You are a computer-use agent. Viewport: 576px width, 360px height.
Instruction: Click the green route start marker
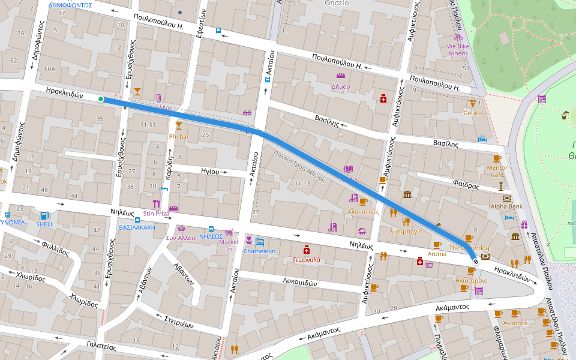pyautogui.click(x=101, y=99)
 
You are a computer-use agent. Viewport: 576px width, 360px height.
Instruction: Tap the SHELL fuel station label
pyautogui.click(x=44, y=224)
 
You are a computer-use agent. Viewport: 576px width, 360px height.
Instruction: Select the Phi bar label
pyautogui.click(x=179, y=136)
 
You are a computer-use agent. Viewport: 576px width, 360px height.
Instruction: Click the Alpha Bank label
pyautogui.click(x=507, y=206)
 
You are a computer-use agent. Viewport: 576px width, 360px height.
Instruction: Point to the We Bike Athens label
pyautogui.click(x=458, y=49)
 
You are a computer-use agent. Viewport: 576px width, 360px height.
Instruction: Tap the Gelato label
pyautogui.click(x=472, y=113)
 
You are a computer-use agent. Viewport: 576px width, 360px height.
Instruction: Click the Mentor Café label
pyautogui.click(x=497, y=171)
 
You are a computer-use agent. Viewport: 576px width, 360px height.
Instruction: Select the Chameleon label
pyautogui.click(x=259, y=251)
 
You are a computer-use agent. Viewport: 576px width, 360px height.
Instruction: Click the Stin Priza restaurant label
pyautogui.click(x=156, y=213)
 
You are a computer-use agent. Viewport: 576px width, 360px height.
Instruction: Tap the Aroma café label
pyautogui.click(x=437, y=254)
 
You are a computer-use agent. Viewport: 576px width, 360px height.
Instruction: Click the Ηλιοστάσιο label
pyautogui.click(x=471, y=280)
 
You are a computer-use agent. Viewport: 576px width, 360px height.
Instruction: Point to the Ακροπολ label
pyautogui.click(x=515, y=323)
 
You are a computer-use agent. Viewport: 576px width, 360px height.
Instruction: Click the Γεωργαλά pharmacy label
pyautogui.click(x=307, y=260)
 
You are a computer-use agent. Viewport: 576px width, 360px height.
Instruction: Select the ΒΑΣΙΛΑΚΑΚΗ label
pyautogui.click(x=137, y=227)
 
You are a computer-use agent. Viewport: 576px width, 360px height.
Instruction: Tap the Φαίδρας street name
pyautogui.click(x=466, y=185)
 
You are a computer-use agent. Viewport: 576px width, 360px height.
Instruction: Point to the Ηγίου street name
pyautogui.click(x=210, y=171)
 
